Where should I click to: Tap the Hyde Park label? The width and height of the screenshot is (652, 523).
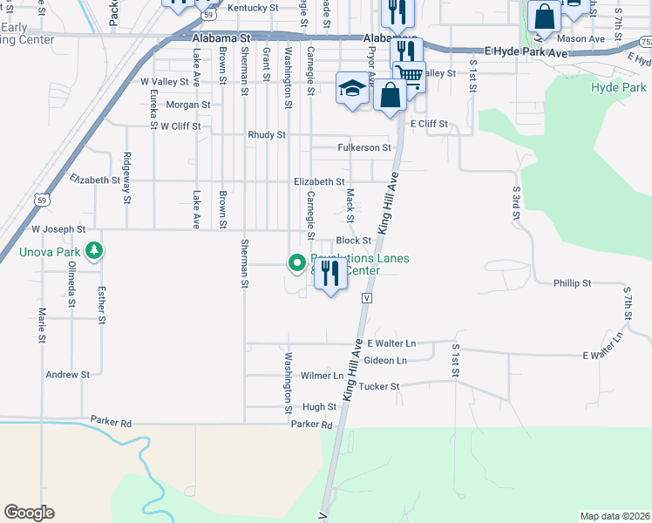[x=618, y=88]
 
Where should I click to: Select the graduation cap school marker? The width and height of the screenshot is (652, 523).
[x=352, y=89]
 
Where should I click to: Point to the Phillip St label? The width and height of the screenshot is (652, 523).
[x=572, y=283]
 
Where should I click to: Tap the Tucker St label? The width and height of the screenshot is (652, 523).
[x=378, y=385]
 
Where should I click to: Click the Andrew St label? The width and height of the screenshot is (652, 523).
[x=68, y=375]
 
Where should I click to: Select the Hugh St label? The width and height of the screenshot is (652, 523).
[x=319, y=407]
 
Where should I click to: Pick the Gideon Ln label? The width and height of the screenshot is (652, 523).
[x=385, y=360]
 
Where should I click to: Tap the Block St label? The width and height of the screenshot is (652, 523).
[x=354, y=241]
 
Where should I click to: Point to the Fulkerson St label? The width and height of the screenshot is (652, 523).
[x=364, y=148]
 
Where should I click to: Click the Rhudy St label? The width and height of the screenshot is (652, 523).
[x=267, y=135]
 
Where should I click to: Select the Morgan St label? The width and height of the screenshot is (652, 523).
[x=188, y=105]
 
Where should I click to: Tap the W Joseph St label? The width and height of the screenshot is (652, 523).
[x=58, y=229]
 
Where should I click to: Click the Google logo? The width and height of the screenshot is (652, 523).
[x=29, y=513]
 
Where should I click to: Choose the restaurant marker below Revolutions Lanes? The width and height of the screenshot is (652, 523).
[x=330, y=275]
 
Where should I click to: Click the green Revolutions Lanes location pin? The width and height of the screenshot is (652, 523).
[x=296, y=261]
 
